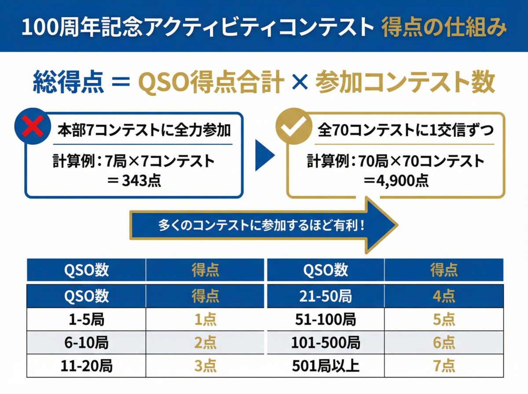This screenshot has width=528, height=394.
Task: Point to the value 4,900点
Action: click(x=396, y=180)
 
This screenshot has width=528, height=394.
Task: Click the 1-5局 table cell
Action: click(x=87, y=320)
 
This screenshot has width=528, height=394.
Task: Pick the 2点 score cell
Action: click(x=205, y=343)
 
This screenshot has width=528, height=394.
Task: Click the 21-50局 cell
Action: click(x=326, y=296)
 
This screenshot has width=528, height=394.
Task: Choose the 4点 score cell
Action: click(x=444, y=296)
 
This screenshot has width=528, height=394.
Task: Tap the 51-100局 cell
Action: click(x=326, y=320)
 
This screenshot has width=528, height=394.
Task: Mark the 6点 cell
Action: click(x=444, y=343)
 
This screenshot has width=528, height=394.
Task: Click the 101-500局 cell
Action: click(x=326, y=343)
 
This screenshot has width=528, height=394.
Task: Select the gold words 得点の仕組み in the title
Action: click(x=444, y=27)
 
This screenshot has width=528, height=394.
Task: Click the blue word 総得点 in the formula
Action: click(x=69, y=82)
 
